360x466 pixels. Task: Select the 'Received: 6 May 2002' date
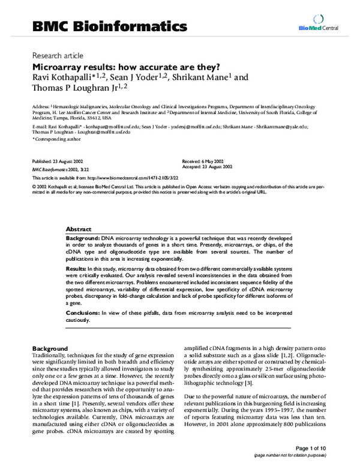[205, 163]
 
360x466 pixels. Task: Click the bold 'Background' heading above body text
[49, 348]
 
